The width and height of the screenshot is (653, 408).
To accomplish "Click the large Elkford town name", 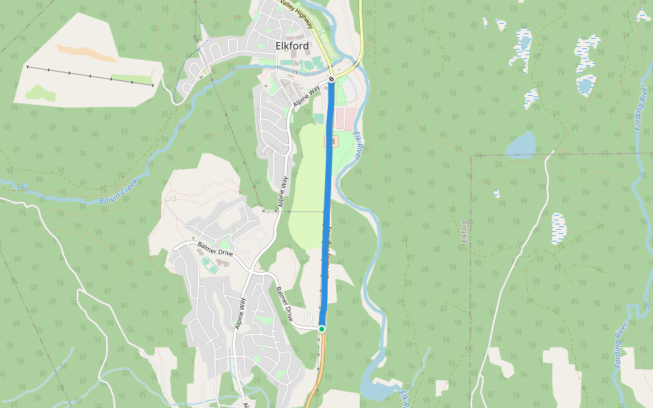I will click(x=292, y=46).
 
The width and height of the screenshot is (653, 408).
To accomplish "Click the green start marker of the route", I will click(x=322, y=329).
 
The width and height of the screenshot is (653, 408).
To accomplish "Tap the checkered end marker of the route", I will click(x=331, y=80).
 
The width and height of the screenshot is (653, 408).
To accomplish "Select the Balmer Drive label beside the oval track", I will click(x=215, y=249).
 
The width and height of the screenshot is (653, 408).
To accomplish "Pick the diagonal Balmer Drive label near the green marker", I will click(x=285, y=304).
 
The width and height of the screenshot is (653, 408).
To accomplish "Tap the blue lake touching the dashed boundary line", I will click(x=521, y=144).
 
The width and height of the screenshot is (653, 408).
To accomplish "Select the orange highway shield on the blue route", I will click(x=333, y=141).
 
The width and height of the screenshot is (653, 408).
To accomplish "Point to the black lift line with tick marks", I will click(x=88, y=75).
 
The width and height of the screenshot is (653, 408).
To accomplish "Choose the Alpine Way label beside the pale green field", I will click(x=283, y=191).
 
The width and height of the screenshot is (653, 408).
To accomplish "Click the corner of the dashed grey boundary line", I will click(x=471, y=156).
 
